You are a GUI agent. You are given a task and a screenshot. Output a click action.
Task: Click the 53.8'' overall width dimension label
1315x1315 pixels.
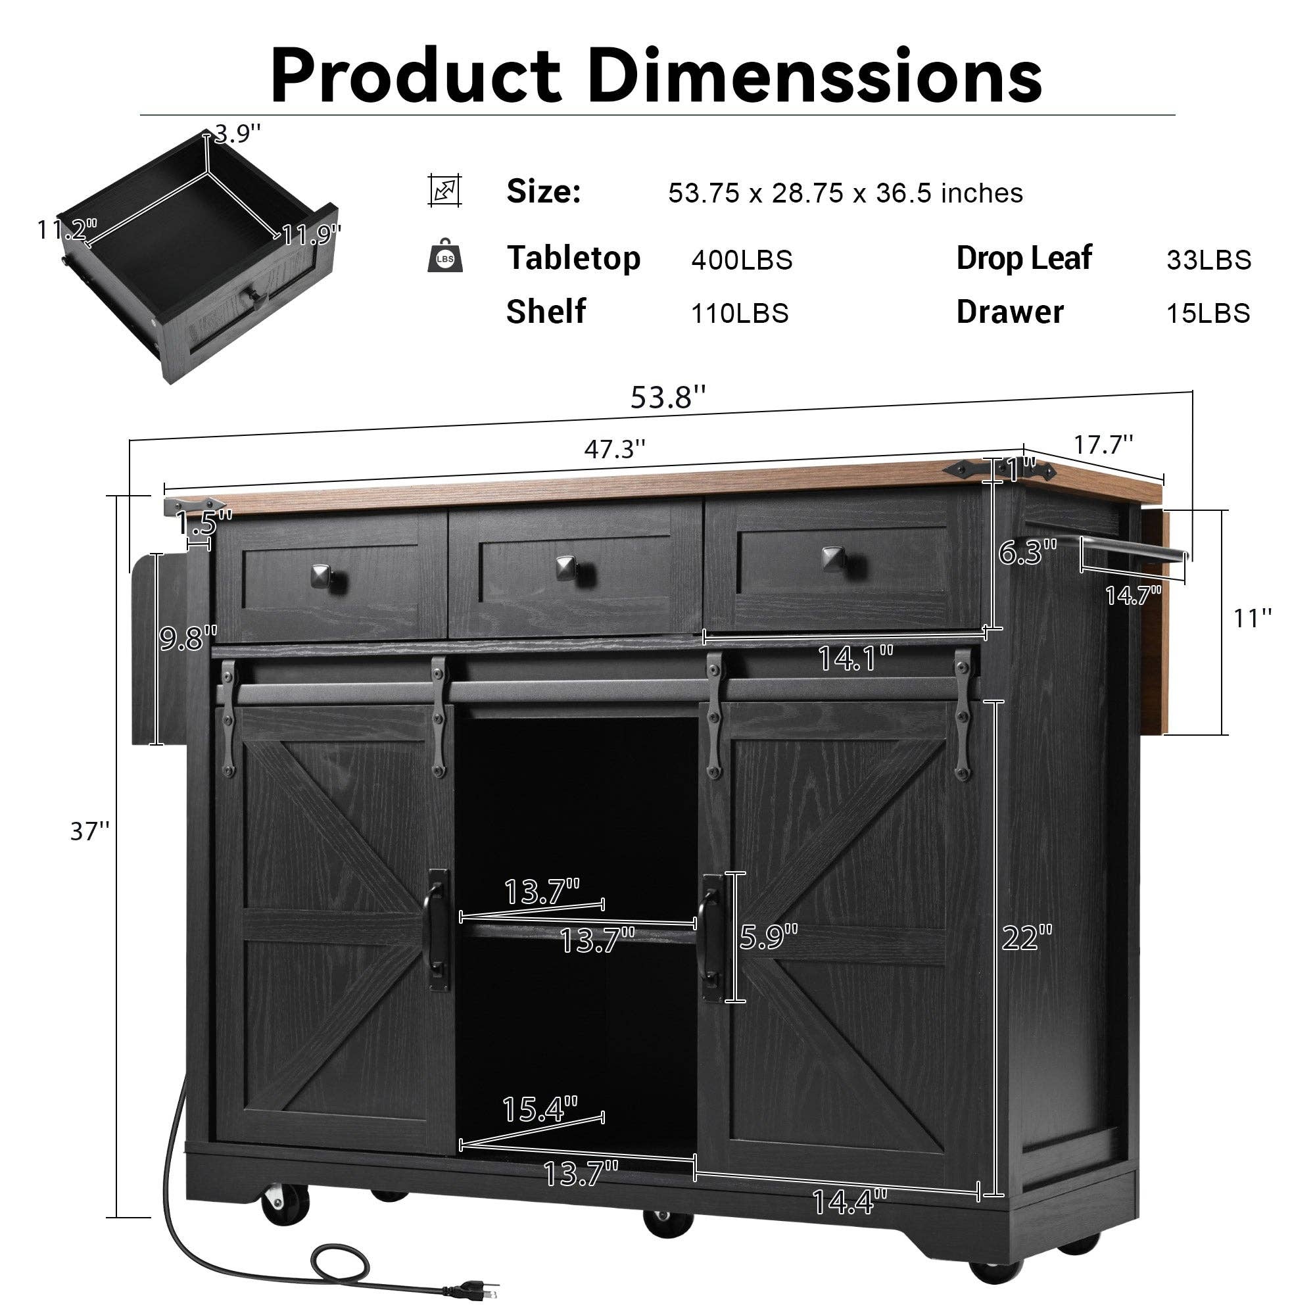pos(668,397)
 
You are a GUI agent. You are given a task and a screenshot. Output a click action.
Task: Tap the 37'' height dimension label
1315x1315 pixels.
pos(90,831)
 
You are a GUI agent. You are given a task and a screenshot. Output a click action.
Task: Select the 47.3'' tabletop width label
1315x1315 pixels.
pos(614,449)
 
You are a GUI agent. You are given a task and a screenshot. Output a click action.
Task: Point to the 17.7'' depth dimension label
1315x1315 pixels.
pos(1103,445)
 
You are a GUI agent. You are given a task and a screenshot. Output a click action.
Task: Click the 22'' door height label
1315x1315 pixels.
pos(1027,939)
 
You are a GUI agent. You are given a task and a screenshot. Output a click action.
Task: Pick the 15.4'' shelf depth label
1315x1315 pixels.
pos(539,1109)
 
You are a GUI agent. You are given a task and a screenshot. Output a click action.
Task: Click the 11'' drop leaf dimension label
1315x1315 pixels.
pos(1253,618)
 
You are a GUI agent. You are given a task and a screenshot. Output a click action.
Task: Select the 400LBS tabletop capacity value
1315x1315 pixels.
pos(742,260)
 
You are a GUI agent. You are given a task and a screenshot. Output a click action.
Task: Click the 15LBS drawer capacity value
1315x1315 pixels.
pos(1208,313)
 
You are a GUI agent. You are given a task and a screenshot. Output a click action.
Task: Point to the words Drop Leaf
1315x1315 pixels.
pos(1024,258)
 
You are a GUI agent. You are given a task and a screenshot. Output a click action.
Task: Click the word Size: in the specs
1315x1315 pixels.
pos(543,192)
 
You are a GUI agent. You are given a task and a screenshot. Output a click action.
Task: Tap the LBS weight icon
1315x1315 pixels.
pos(445,256)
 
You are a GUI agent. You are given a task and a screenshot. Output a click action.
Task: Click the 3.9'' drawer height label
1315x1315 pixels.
pos(237,134)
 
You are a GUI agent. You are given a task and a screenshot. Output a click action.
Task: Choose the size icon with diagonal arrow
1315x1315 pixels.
pos(445,191)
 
